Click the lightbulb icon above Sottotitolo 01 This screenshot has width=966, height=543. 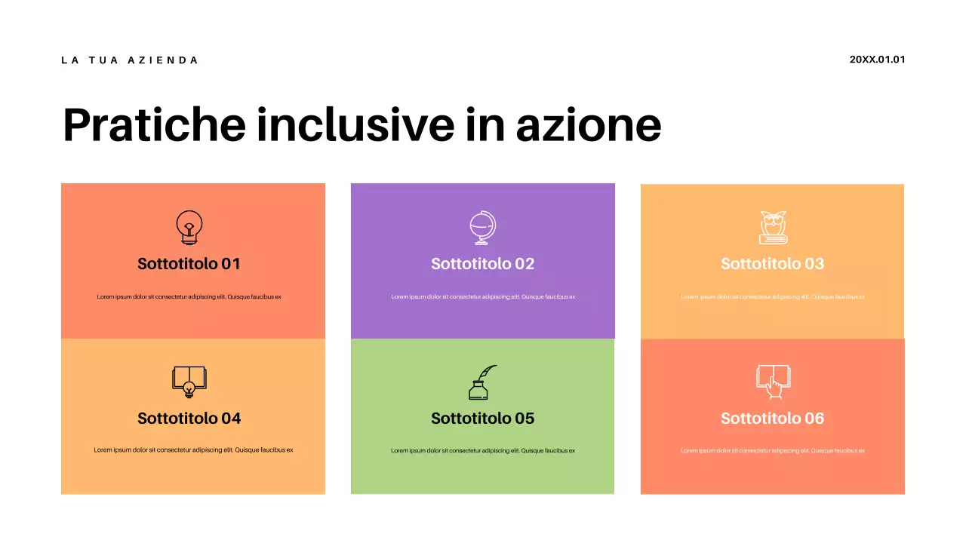click(189, 227)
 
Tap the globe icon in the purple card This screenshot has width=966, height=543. click(482, 228)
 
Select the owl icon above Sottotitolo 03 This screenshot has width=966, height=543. click(773, 227)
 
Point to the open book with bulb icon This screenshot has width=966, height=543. click(189, 382)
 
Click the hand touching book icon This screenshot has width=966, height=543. click(773, 382)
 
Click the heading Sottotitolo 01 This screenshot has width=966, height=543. click(189, 264)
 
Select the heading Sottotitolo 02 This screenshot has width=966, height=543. click(482, 264)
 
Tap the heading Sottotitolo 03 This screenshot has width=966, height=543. click(772, 264)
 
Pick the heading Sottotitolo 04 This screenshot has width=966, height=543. click(189, 419)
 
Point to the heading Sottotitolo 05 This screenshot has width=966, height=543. click(482, 419)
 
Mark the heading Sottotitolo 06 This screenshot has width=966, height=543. click(772, 419)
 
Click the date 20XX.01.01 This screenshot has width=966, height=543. click(877, 60)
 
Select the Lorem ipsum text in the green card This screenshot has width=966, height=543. click(482, 451)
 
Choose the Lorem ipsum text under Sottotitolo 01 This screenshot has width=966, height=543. click(189, 297)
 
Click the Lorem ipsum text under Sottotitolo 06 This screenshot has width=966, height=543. click(772, 451)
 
